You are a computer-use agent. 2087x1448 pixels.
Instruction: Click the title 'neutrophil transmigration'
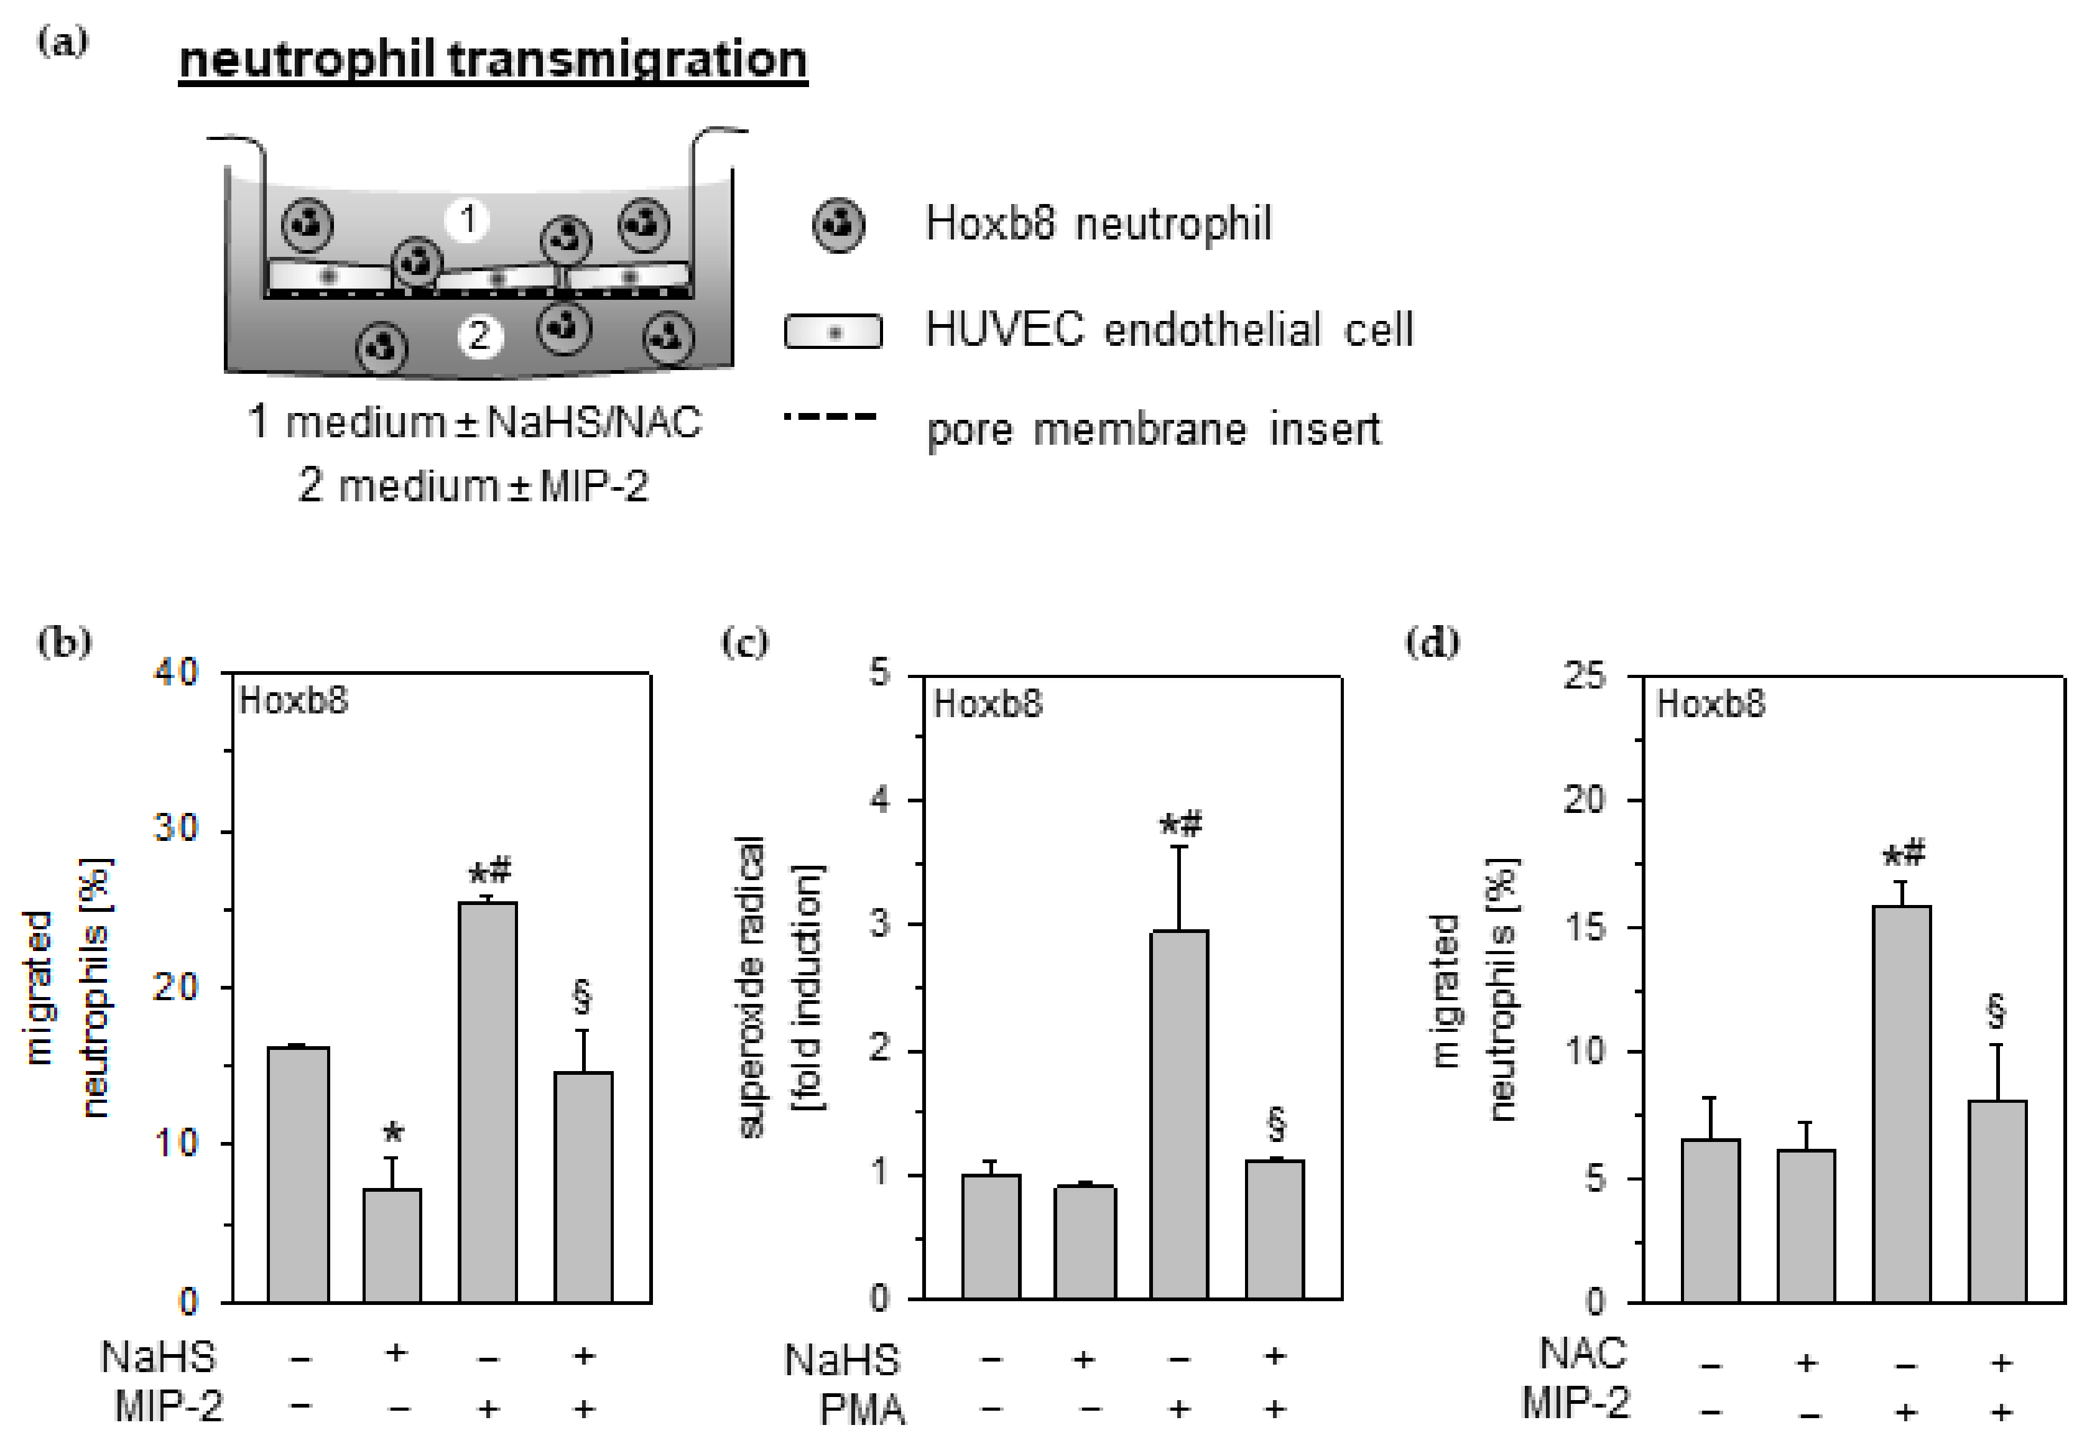(493, 60)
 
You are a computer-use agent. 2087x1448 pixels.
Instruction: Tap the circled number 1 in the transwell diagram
(467, 219)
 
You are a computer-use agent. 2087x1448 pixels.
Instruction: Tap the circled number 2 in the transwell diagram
(479, 336)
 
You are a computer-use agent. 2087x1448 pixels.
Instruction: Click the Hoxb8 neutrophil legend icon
(838, 225)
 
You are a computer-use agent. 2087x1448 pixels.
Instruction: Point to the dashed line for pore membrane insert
(831, 417)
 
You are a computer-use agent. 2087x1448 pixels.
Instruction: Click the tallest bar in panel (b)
(488, 1102)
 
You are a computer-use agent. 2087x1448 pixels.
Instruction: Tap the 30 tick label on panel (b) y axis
(176, 828)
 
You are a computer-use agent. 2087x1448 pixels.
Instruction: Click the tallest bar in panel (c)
(1178, 1114)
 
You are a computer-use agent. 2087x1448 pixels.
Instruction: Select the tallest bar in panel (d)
(1901, 1103)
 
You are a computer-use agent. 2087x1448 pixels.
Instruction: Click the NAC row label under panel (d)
(1583, 1353)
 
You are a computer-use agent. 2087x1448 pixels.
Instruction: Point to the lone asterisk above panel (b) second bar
(393, 1132)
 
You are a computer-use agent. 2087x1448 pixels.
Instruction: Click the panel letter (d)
(1432, 643)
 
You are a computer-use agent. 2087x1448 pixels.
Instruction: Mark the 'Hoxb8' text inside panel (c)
(988, 704)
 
